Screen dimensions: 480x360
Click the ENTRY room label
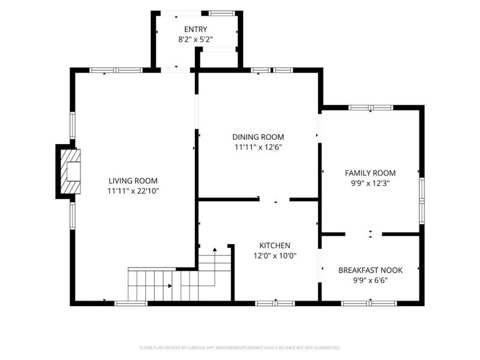pos(196,29)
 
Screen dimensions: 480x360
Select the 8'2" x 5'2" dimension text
pos(196,40)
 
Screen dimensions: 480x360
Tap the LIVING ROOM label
pos(133,181)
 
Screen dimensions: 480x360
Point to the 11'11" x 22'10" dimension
pos(133,191)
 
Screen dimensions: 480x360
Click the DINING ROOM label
pos(258,137)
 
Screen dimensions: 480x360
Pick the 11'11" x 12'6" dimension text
pos(258,148)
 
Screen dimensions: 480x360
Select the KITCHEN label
pos(275,245)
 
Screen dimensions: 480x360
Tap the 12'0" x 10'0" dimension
pos(275,256)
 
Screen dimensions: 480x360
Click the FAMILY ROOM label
pos(370,173)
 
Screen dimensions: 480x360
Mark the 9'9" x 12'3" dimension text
pos(370,184)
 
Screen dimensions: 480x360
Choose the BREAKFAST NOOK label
pos(370,271)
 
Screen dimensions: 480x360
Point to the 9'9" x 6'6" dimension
pos(370,280)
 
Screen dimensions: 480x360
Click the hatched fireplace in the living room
pos(70,172)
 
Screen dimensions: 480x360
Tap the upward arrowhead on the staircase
pos(215,250)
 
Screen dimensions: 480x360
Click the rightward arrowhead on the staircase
pos(170,286)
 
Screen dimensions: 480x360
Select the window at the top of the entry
pos(221,13)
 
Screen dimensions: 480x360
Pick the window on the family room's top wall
pos(371,107)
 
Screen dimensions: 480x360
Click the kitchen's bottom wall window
pos(275,304)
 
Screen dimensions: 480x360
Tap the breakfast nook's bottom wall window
pos(369,304)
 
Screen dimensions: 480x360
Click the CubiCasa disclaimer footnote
pos(239,348)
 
